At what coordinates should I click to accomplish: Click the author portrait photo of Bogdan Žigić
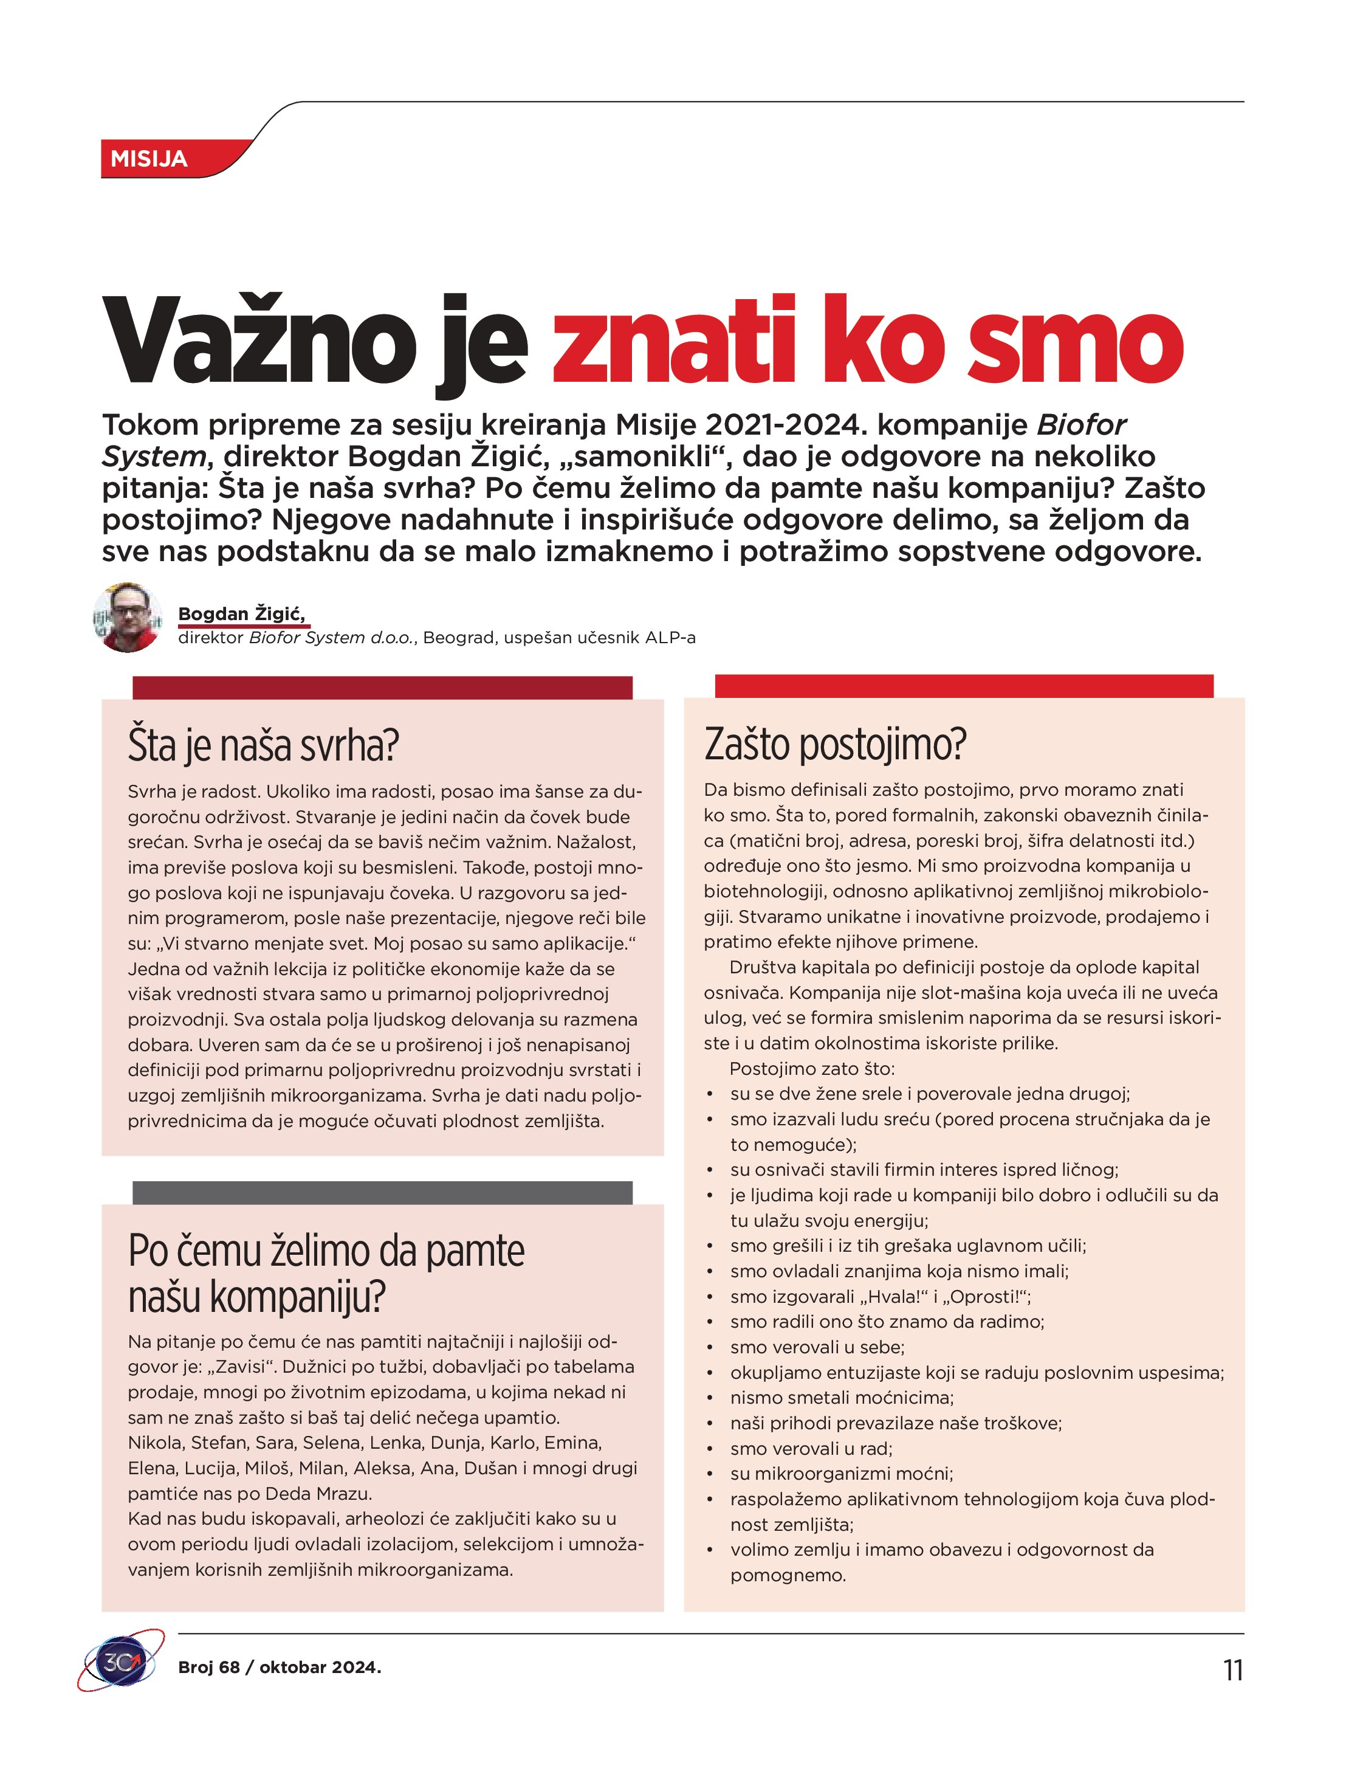pyautogui.click(x=128, y=617)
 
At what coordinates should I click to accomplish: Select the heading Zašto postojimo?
pyautogui.click(x=835, y=744)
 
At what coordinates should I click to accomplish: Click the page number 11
pyautogui.click(x=1233, y=1670)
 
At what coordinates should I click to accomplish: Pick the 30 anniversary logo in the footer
pyautogui.click(x=120, y=1662)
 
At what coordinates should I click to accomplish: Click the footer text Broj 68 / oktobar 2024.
pyautogui.click(x=280, y=1667)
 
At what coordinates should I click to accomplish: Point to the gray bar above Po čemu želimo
pyautogui.click(x=382, y=1192)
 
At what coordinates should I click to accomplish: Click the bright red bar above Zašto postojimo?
pyautogui.click(x=964, y=686)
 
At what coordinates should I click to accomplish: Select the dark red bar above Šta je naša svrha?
pyautogui.click(x=382, y=688)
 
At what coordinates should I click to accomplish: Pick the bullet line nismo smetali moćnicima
pyautogui.click(x=842, y=1398)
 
